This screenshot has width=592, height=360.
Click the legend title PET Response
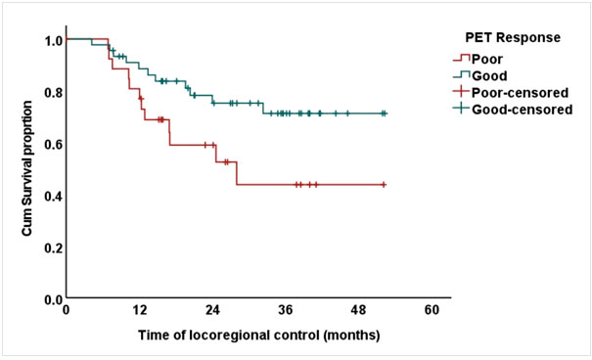click(513, 38)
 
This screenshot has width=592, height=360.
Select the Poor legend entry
click(478, 60)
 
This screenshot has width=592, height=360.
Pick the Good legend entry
click(479, 76)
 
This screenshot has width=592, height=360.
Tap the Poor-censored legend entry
click(511, 93)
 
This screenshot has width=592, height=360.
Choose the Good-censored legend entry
click(513, 109)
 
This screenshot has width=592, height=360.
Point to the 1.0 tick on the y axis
click(54, 40)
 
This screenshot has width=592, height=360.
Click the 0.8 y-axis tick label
click(54, 93)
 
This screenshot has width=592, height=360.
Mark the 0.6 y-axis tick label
click(54, 145)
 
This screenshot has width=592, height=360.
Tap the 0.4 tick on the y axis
click(54, 197)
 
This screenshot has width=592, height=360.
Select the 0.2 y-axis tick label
click(54, 248)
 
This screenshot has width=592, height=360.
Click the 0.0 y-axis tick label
click(54, 300)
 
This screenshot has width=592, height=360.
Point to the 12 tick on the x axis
click(139, 310)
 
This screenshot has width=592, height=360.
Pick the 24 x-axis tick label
click(212, 310)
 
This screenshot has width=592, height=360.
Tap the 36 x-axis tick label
click(286, 310)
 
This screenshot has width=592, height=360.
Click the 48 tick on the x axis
click(359, 310)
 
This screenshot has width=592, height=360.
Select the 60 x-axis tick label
click(432, 310)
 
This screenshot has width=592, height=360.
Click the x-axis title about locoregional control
click(259, 336)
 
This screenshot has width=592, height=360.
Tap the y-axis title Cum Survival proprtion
click(26, 168)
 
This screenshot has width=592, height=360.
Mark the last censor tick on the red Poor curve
click(384, 185)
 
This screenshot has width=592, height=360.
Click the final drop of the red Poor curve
click(237, 173)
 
